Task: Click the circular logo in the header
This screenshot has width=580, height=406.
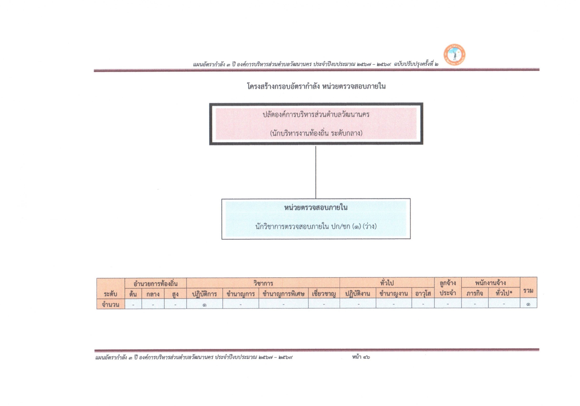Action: click(454, 54)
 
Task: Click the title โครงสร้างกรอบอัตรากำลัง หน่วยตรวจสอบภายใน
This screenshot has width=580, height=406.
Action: click(316, 87)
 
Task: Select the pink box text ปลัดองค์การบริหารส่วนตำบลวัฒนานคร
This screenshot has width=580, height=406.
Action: click(316, 115)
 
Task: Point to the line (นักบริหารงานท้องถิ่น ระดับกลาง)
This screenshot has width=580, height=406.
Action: click(316, 133)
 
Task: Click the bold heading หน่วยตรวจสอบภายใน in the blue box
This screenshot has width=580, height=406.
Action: click(316, 208)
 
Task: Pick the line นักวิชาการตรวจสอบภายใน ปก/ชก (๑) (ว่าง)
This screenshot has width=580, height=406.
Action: click(316, 227)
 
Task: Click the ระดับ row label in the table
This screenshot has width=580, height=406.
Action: click(110, 294)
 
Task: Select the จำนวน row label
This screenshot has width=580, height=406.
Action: click(110, 304)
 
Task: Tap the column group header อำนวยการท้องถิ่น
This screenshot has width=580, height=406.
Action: click(156, 283)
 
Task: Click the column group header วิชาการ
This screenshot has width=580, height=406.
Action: click(263, 283)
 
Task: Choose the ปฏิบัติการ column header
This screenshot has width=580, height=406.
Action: click(205, 294)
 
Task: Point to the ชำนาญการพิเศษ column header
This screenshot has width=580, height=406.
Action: click(284, 294)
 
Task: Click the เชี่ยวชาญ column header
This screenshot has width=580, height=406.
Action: click(324, 294)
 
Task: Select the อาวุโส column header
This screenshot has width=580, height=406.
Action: click(423, 294)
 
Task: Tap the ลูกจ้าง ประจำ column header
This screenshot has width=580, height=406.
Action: click(448, 288)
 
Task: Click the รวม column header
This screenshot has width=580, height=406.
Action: click(528, 291)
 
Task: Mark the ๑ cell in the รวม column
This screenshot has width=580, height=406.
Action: click(528, 304)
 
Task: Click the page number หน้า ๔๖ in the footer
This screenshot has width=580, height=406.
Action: click(361, 357)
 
